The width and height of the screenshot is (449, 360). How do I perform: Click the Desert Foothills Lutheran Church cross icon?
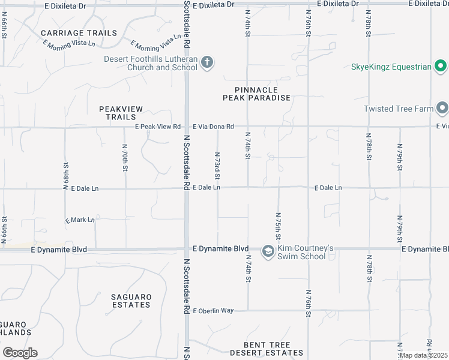coord(207,62)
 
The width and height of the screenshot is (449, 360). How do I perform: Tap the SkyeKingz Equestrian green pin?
coord(441,66)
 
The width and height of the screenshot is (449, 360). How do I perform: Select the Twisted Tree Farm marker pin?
coord(442,109)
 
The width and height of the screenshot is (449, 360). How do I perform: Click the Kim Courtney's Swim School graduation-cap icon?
coord(268,251)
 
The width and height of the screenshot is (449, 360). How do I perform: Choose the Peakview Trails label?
coord(121,113)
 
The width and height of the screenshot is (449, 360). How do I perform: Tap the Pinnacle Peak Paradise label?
coord(256,94)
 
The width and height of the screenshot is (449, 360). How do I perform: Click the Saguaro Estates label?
coord(131,301)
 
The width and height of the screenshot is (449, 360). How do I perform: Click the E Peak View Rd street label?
coord(158,127)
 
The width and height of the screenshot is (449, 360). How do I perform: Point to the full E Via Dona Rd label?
coord(213,127)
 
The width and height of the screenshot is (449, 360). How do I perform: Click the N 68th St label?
coord(65,176)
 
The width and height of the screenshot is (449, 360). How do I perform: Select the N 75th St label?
coord(279,225)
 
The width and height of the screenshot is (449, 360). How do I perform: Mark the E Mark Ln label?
coord(80,220)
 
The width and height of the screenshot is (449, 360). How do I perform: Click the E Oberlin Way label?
coord(212,310)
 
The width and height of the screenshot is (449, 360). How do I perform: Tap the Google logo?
coord(20,353)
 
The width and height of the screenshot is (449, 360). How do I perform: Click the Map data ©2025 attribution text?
coord(423,355)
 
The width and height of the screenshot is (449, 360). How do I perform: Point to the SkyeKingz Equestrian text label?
coord(391,67)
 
